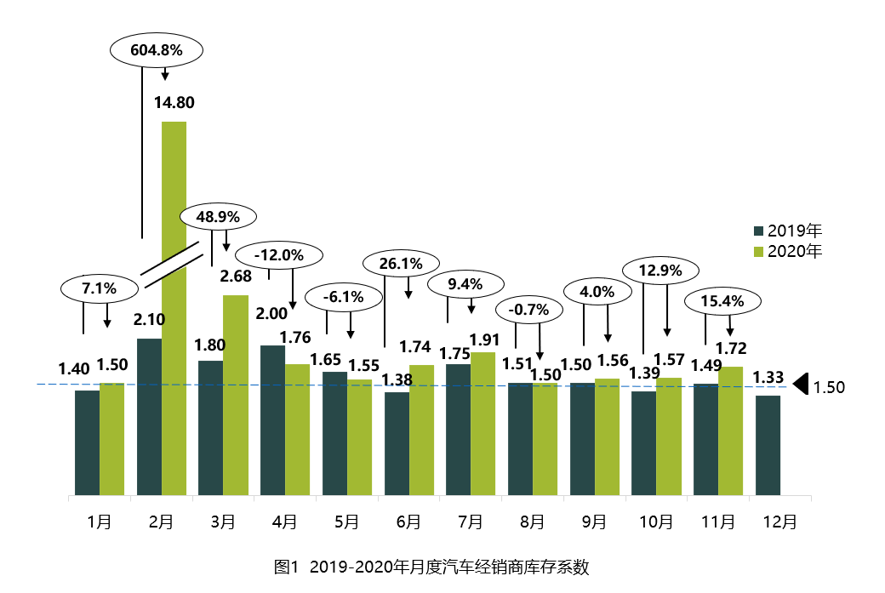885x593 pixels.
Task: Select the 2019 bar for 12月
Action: pos(768,445)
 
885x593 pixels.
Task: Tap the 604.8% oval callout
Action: pos(157,50)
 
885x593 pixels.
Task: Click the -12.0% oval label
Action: pos(279,254)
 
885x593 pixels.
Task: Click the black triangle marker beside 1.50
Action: pos(800,385)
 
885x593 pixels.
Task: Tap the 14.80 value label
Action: pos(174,103)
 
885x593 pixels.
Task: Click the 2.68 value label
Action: pos(236,277)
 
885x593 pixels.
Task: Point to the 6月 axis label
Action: pos(409,522)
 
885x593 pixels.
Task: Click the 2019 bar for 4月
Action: pos(272,419)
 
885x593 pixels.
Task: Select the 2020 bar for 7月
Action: pos(483,423)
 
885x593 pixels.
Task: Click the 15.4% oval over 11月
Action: pos(722,300)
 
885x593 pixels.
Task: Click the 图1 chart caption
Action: pos(431,567)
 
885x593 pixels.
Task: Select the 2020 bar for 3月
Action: pos(236,395)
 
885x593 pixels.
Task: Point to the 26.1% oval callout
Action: pos(401,264)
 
